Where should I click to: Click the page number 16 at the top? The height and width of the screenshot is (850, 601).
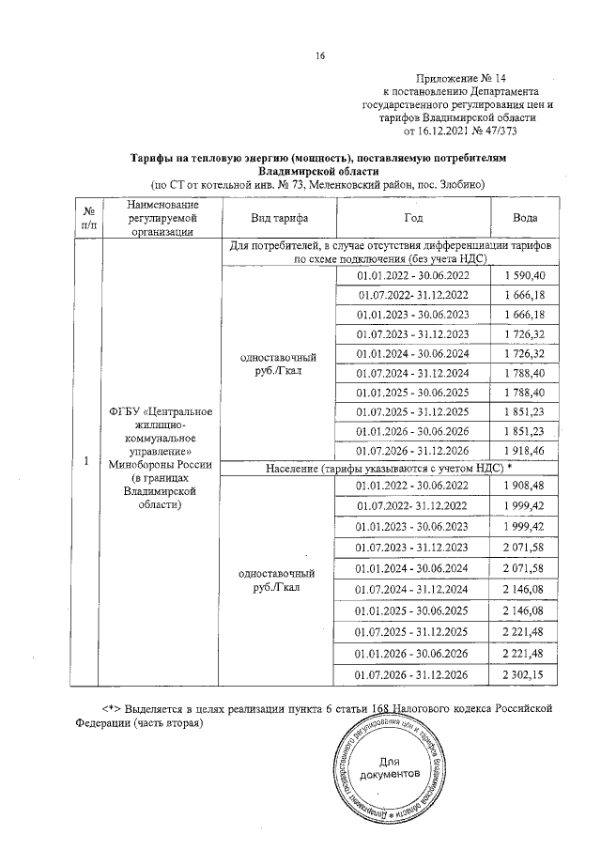pos(319,55)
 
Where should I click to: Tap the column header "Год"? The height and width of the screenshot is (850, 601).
pos(413,218)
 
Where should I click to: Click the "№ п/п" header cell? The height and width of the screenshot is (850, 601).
pos(87,218)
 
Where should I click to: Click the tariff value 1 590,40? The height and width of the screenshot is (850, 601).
pos(524,274)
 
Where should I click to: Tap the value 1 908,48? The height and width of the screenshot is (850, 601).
pos(524,486)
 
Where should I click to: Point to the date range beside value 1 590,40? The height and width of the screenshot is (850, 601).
pos(413,274)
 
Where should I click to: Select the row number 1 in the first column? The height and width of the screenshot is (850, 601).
pos(87,461)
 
